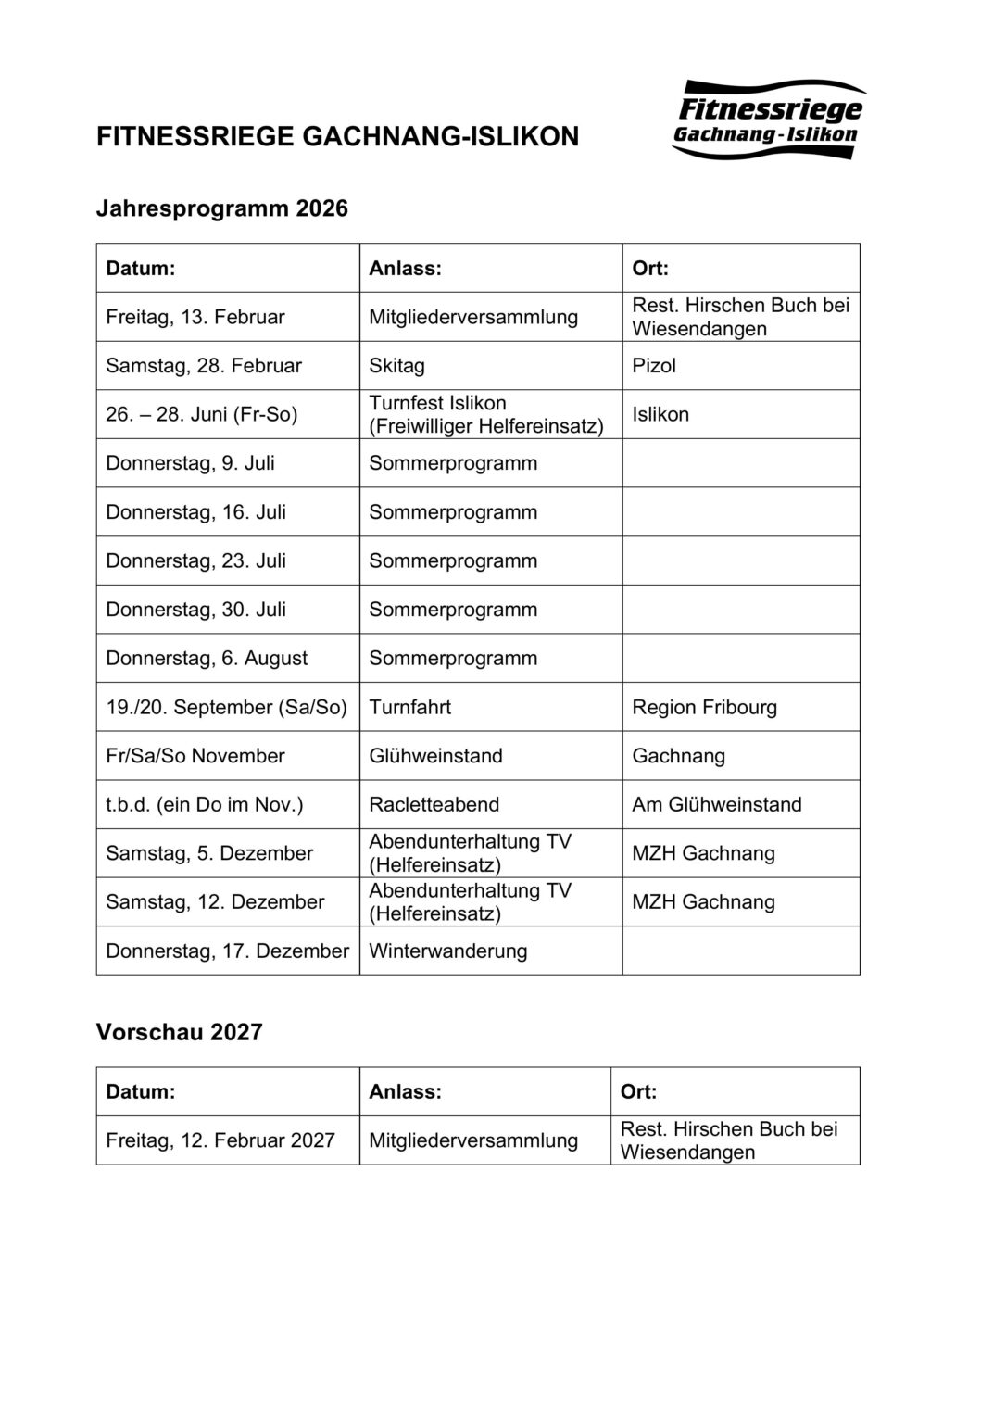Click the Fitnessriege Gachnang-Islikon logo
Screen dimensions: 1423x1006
(x=768, y=120)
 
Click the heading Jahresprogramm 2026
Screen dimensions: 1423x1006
(x=222, y=208)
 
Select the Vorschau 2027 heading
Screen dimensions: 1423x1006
(x=180, y=1032)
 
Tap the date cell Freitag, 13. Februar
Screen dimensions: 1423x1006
(x=195, y=317)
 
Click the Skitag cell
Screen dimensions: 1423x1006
(x=397, y=366)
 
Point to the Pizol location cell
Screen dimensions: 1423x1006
(x=654, y=366)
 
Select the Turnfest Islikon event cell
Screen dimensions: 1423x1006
(x=485, y=414)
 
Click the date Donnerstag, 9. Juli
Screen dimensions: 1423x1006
(x=190, y=463)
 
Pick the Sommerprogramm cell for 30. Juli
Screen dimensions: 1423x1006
(x=453, y=610)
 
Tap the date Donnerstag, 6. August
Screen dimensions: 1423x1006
(x=207, y=659)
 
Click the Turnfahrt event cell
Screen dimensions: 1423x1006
(x=409, y=707)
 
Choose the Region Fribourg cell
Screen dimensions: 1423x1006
(x=704, y=707)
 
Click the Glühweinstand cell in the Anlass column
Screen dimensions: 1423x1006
(x=435, y=756)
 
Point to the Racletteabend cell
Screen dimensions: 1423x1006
(x=434, y=804)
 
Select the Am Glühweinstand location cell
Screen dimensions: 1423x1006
(x=716, y=804)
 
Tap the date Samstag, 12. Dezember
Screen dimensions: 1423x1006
(x=215, y=902)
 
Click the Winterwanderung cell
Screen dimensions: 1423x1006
(x=447, y=951)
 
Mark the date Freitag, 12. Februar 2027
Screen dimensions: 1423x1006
(x=220, y=1140)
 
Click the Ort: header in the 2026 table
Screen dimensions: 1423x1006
(x=650, y=269)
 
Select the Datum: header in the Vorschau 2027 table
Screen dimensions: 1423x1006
(x=141, y=1091)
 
